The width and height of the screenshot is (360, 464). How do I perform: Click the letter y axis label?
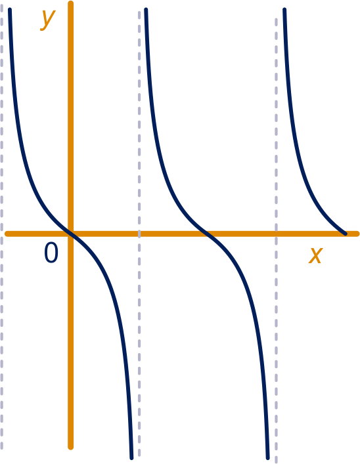(x=48, y=20)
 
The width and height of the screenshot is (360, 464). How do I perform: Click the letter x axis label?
(x=315, y=255)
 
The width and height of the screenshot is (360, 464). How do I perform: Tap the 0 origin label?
(x=51, y=253)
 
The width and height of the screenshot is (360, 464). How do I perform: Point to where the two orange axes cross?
(x=70, y=234)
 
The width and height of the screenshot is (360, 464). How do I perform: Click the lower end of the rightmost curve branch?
(x=345, y=234)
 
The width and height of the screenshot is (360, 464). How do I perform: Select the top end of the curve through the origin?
(x=10, y=9)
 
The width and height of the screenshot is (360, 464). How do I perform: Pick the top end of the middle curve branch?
(x=146, y=9)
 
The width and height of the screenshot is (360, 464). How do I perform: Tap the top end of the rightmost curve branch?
(x=284, y=9)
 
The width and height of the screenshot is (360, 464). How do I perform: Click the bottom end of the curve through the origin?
(x=131, y=458)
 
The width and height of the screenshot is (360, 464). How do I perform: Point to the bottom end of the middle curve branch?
(x=268, y=458)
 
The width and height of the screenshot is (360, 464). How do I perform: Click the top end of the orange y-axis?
(x=70, y=3)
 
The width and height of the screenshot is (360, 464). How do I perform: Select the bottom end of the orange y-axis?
(x=70, y=448)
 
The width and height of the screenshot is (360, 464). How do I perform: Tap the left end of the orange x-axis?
(x=7, y=234)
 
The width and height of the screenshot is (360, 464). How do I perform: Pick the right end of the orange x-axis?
(x=357, y=234)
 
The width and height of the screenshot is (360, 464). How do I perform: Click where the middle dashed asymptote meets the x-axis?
(x=139, y=234)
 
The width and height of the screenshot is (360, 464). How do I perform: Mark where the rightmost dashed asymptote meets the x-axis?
(x=276, y=234)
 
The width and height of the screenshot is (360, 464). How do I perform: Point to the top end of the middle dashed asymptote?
(x=139, y=12)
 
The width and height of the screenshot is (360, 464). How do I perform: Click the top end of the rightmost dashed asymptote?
(x=276, y=20)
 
